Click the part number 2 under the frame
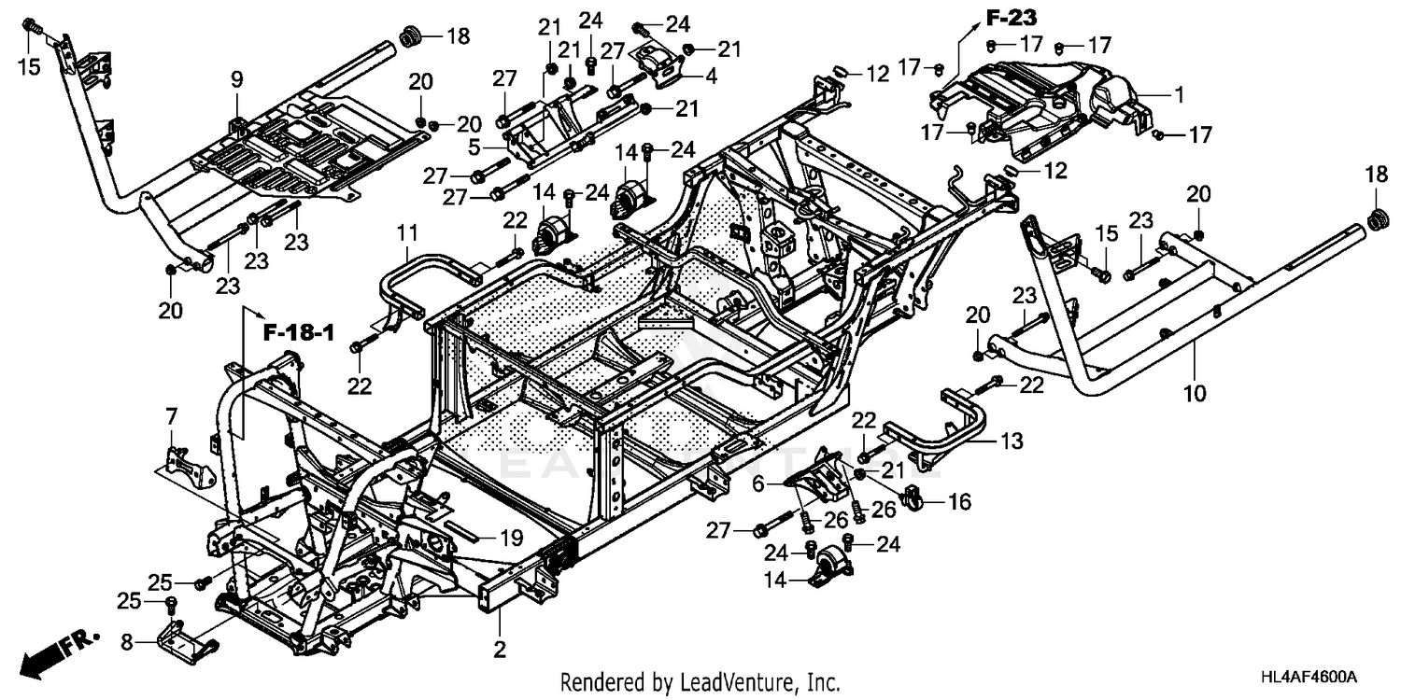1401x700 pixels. tap(500, 649)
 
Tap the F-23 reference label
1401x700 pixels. tap(1013, 17)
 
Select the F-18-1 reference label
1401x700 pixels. tap(293, 331)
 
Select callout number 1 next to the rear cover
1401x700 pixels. tap(1179, 93)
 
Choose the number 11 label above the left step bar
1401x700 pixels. tap(409, 231)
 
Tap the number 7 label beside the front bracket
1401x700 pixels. tap(171, 414)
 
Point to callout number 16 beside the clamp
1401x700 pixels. tap(959, 502)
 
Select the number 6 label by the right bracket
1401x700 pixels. tap(757, 484)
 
